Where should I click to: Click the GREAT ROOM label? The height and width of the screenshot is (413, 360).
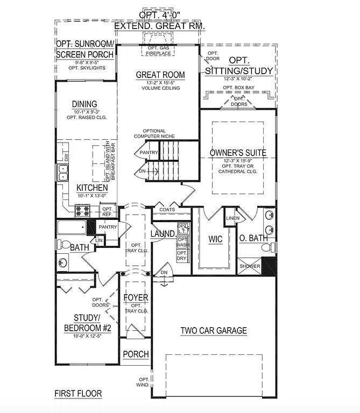(x=160, y=75)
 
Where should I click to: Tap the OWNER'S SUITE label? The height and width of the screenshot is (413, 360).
(x=237, y=153)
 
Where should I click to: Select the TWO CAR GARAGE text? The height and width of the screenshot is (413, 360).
(x=213, y=331)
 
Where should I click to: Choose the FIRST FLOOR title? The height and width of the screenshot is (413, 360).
(x=78, y=394)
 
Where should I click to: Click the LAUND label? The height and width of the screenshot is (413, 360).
(x=162, y=233)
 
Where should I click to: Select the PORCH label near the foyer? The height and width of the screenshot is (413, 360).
(x=136, y=354)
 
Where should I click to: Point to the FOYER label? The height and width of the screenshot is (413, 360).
(x=136, y=297)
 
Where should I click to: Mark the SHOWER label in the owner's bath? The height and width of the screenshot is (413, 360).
(x=250, y=266)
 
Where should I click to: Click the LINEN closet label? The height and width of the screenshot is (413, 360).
(x=232, y=218)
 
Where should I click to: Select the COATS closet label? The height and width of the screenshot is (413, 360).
(x=166, y=210)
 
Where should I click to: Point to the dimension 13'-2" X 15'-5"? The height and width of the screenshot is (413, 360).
(x=160, y=83)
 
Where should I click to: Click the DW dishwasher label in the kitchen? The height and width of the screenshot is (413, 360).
(x=66, y=158)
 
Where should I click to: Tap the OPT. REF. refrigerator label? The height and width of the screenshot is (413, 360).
(x=108, y=211)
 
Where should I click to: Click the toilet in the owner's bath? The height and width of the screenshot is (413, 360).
(x=266, y=247)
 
